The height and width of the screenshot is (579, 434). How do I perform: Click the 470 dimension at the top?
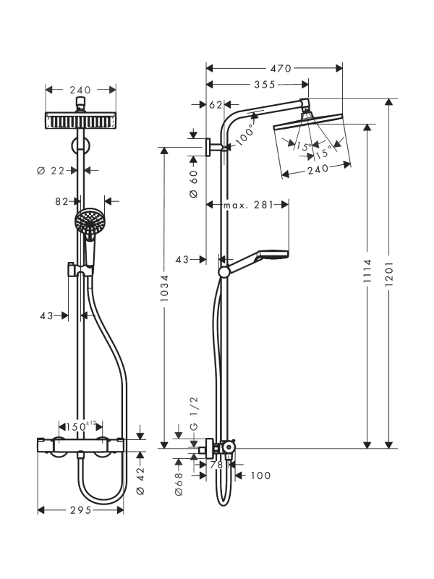(281, 68)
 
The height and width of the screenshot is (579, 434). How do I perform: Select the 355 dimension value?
(265, 85)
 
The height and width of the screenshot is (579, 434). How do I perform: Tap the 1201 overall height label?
(389, 274)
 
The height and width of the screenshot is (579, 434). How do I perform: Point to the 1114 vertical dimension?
(367, 271)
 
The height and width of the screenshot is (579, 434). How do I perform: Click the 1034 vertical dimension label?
(164, 287)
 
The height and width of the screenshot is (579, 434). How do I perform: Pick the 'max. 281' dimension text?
(248, 205)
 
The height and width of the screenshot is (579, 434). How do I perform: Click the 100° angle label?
(244, 135)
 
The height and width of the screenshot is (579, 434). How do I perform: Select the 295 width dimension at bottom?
(80, 510)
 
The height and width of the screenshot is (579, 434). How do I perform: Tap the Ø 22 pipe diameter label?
(51, 170)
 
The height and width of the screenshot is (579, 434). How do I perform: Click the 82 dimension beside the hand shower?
(61, 201)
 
